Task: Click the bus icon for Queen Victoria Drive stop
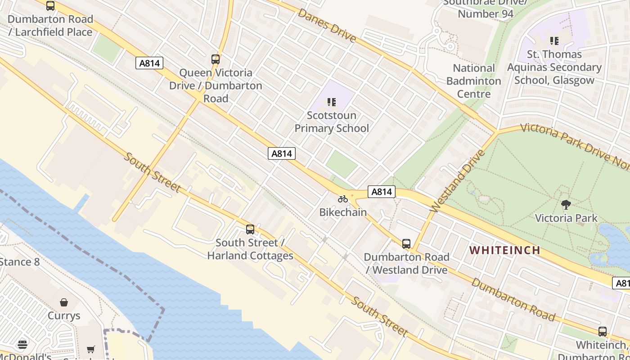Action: coord(216,59)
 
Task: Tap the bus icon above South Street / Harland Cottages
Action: coord(250,229)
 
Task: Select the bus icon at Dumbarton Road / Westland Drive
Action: coord(406,243)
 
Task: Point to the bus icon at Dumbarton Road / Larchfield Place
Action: coord(50,6)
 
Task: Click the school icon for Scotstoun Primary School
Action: coord(332,102)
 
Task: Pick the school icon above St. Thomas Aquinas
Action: coord(554,41)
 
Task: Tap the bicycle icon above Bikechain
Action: coord(343,199)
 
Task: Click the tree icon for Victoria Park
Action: coord(566,205)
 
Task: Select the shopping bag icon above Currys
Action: coord(64,302)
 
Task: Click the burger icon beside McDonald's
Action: coord(22,345)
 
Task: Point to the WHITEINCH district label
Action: coord(505,250)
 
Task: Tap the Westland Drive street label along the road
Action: coord(457,181)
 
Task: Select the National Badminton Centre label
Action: coord(473,81)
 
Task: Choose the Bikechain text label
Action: coord(343,212)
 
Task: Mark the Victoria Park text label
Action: coord(566,218)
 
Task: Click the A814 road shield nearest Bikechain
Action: coord(382,192)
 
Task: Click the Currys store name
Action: coord(64,315)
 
